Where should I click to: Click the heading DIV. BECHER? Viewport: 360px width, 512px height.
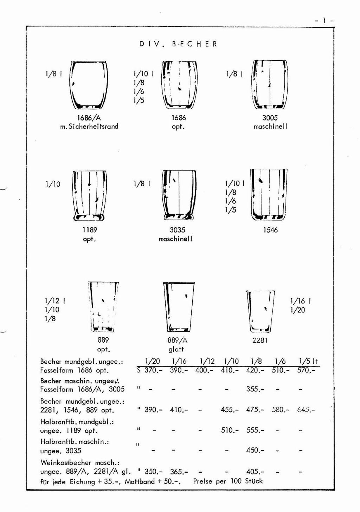click(179, 44)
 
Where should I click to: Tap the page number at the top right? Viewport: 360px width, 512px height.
click(324, 20)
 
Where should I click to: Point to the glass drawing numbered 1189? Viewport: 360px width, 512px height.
click(89, 195)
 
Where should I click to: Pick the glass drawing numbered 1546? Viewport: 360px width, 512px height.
click(269, 195)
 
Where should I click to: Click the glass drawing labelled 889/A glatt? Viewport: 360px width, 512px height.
click(179, 307)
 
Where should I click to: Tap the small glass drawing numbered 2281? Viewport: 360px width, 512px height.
click(260, 311)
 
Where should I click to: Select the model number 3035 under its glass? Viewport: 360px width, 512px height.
click(178, 230)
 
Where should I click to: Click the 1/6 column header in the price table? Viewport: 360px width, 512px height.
click(281, 361)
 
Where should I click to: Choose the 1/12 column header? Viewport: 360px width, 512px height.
click(207, 361)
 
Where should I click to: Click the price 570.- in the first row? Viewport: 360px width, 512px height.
click(306, 370)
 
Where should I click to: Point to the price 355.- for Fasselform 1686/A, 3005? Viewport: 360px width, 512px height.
click(255, 389)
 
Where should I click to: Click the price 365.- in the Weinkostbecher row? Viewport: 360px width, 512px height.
click(179, 472)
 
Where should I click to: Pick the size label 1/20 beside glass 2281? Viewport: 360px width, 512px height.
click(297, 310)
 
